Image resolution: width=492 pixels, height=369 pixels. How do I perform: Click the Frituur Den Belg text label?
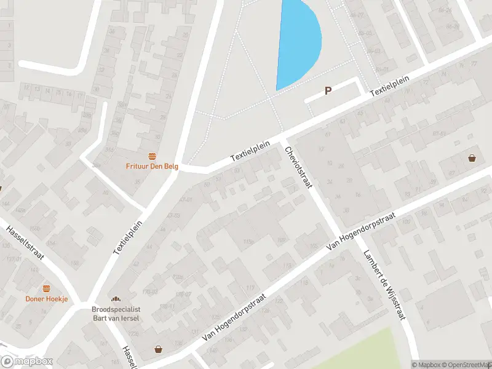[152, 165]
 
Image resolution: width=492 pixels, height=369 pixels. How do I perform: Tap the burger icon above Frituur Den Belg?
[152, 156]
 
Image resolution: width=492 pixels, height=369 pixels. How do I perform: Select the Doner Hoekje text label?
[46, 299]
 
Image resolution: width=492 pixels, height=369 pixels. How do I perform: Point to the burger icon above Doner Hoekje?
[46, 288]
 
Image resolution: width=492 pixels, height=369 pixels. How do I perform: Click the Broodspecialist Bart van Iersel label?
[116, 312]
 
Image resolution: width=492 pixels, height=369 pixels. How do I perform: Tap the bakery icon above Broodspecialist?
[116, 298]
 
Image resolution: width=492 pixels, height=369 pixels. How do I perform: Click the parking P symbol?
[328, 90]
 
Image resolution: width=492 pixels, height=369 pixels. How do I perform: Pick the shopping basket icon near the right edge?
[472, 158]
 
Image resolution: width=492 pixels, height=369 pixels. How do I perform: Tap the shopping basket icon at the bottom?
[159, 349]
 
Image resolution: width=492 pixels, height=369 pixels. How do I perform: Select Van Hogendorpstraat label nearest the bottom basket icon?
[237, 317]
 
